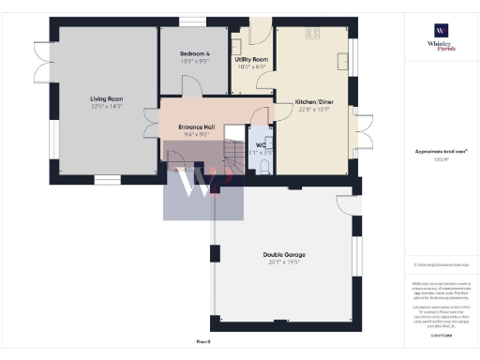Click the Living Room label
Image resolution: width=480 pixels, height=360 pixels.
(x=107, y=98)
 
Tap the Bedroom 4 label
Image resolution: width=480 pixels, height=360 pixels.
(x=194, y=54)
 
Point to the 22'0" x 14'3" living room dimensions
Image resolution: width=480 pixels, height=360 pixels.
(x=107, y=107)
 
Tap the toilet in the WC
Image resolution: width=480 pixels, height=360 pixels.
(x=265, y=166)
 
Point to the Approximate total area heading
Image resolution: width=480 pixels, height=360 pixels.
(x=441, y=151)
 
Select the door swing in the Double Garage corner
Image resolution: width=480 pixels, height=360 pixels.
(x=349, y=207)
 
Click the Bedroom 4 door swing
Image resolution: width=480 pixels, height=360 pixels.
(x=192, y=84)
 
